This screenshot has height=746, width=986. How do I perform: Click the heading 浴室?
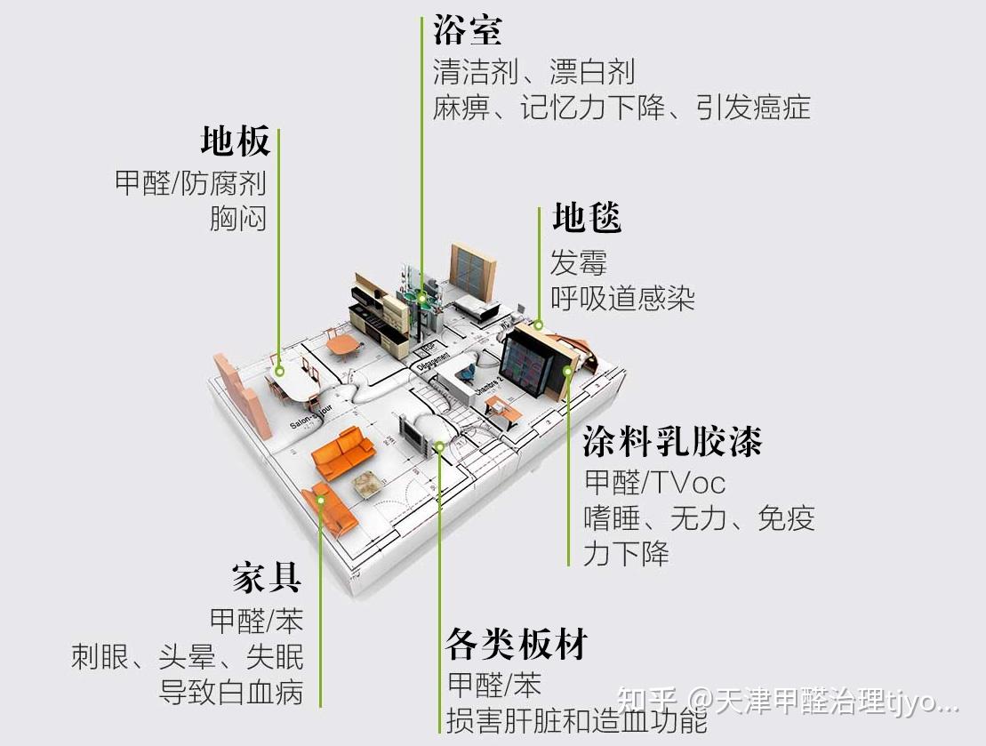point(468,29)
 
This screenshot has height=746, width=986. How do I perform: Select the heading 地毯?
point(586,218)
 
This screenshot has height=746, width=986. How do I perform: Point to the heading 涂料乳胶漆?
point(673,441)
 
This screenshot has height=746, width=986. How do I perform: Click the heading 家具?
point(267,578)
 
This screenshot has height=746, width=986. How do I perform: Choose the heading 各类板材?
point(517,645)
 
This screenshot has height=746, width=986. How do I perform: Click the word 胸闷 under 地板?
point(237,218)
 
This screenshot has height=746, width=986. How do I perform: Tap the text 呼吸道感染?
point(622,298)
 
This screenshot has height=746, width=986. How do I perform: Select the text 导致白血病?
point(231,692)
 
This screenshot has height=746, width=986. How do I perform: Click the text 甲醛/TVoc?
point(654,483)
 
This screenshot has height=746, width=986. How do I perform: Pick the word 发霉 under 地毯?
point(578,263)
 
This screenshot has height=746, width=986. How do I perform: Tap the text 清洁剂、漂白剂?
point(533,70)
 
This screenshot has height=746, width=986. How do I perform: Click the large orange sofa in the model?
point(343,452)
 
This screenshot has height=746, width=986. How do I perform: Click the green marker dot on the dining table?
point(279,371)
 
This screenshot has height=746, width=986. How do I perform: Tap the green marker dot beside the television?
point(440,446)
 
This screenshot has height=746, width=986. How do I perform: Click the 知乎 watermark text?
point(648,702)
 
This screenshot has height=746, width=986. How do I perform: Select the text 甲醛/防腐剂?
point(190,183)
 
